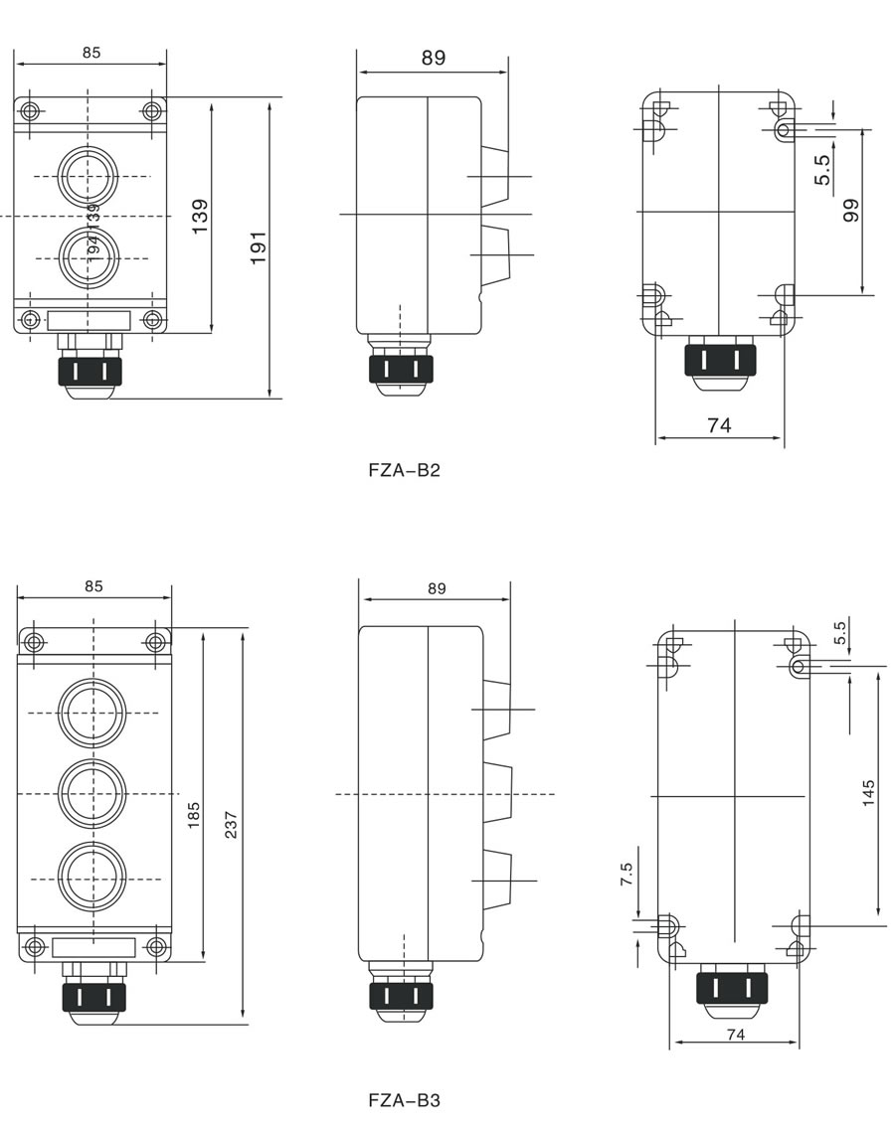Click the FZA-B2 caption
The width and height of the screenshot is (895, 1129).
point(404,470)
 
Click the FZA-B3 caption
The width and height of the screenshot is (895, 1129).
point(404,1100)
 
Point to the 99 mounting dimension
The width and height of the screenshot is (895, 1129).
point(851,211)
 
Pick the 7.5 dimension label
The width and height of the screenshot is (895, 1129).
point(626,875)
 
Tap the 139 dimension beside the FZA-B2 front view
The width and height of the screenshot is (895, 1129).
point(199,217)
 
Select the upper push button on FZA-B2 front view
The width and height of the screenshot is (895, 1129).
point(88,175)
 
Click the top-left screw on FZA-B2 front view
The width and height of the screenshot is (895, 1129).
point(30,110)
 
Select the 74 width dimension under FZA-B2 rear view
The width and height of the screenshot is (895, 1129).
point(719,425)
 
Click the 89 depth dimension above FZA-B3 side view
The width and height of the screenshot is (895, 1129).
point(437,588)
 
